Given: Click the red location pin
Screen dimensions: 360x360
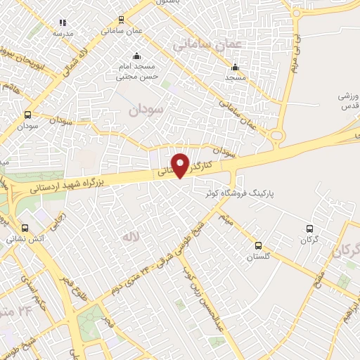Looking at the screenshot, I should pyautogui.click(x=181, y=165).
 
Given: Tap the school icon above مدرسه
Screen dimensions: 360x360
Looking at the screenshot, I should pyautogui.click(x=63, y=22).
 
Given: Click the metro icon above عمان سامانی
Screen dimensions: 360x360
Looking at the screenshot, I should pyautogui.click(x=122, y=20).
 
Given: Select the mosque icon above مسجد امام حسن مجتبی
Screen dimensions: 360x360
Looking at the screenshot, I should pyautogui.click(x=136, y=56).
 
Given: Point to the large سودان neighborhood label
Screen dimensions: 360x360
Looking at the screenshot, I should pyautogui.click(x=146, y=110).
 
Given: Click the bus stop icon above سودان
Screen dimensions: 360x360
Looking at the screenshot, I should pyautogui.click(x=28, y=115).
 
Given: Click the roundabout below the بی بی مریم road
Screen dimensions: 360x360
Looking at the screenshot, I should pyautogui.click(x=277, y=136).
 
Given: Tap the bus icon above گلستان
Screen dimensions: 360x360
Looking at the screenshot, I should pyautogui.click(x=259, y=246).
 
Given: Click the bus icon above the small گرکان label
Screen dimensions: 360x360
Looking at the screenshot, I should pyautogui.click(x=309, y=229).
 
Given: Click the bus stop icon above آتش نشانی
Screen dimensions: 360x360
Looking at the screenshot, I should pyautogui.click(x=25, y=228).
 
